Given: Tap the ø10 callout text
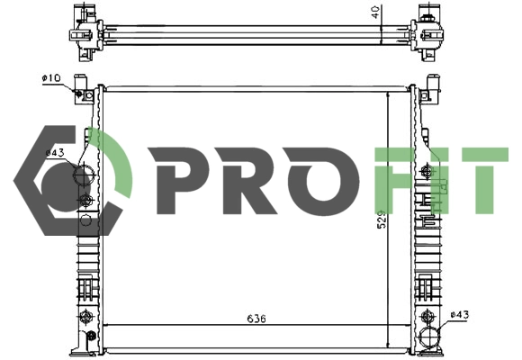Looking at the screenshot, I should coord(50,78).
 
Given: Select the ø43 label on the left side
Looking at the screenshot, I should coord(55,153).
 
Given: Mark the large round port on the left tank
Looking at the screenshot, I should coord(83,175).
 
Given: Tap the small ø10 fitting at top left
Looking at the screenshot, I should coord(81,93).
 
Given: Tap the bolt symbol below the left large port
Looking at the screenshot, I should coord(85,200).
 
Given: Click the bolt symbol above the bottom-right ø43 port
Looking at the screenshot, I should coord(428,316).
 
